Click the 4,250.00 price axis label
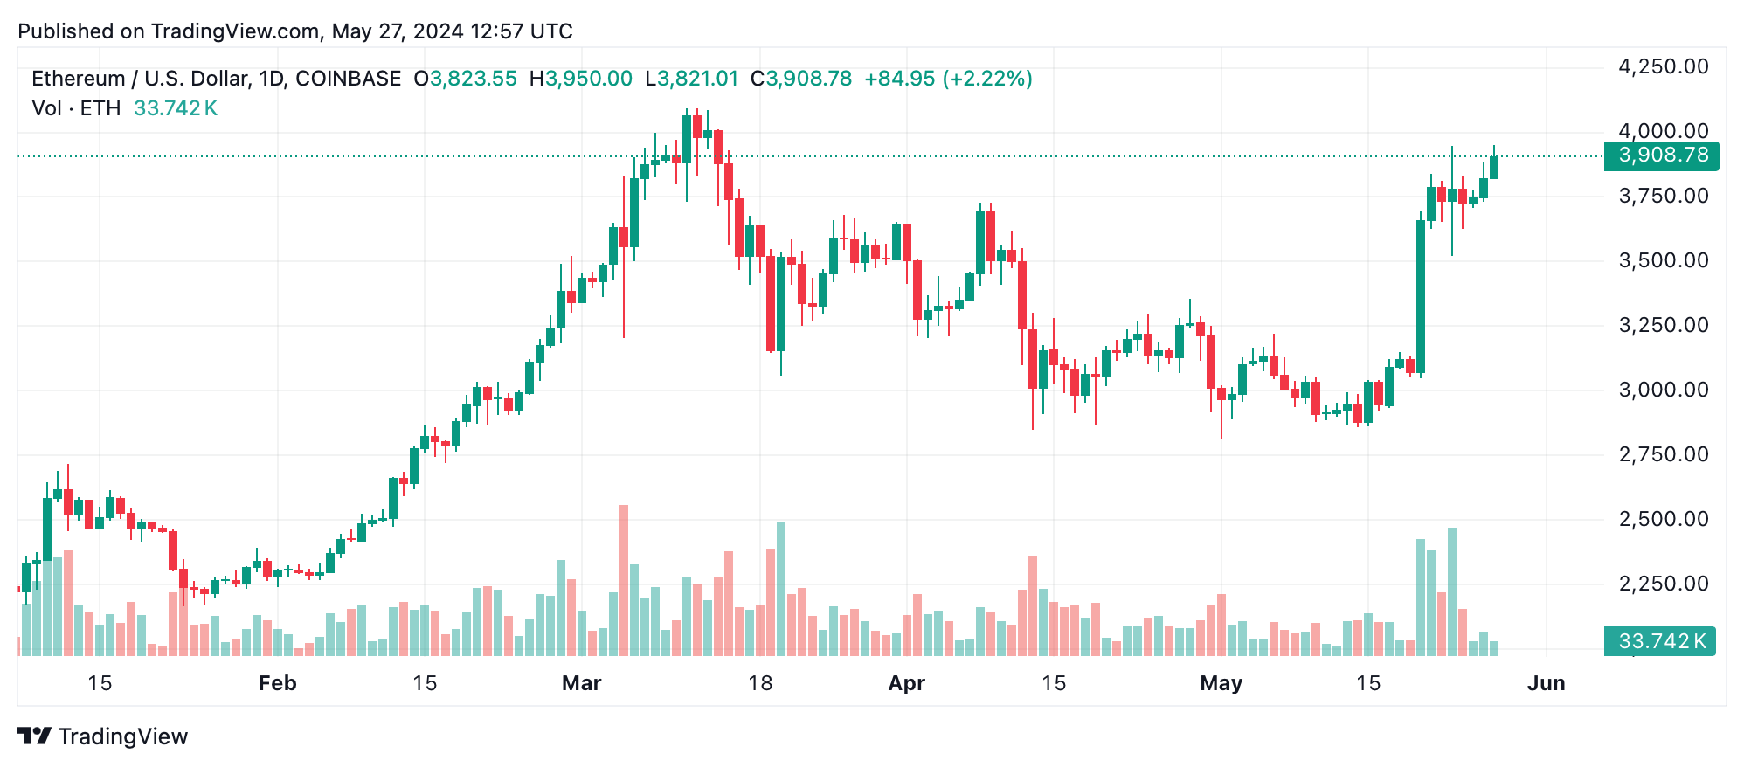pos(1663,66)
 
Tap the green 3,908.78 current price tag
pos(1662,155)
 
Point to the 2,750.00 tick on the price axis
pos(1663,454)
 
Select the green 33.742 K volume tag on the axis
pos(1660,641)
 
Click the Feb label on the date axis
pos(277,683)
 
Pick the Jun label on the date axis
pos(1546,683)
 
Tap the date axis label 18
pos(760,683)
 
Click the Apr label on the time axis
pos(906,683)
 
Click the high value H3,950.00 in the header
pos(580,79)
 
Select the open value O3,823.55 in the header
pos(465,79)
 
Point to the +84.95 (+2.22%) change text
pos(948,79)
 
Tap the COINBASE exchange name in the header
pos(348,79)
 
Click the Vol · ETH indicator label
pos(76,108)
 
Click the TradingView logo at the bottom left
pos(103,736)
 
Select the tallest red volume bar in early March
pos(624,580)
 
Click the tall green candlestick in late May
pos(1421,297)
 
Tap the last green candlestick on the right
pos(1494,167)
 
